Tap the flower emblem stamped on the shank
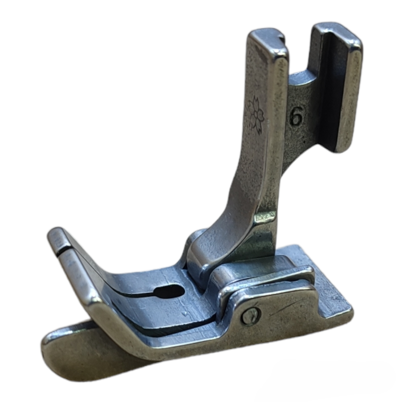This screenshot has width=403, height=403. coord(256,115)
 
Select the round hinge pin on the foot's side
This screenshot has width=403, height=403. coord(251,315)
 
